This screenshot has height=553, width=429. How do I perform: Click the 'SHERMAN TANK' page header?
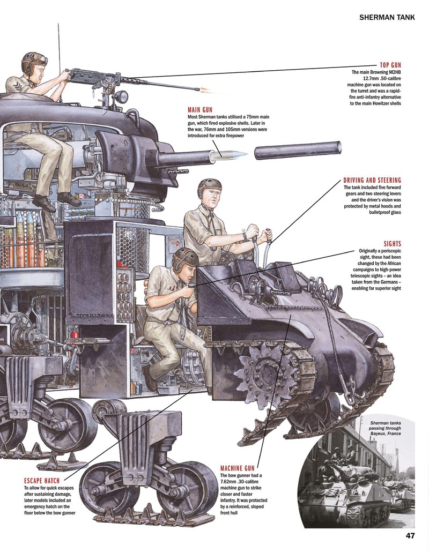(x=387, y=17)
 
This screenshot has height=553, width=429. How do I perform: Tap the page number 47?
(x=410, y=536)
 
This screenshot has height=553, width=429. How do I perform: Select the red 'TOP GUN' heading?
(x=390, y=65)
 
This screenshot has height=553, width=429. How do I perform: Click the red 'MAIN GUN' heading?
(x=200, y=110)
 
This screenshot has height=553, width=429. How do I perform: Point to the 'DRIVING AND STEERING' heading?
(x=372, y=180)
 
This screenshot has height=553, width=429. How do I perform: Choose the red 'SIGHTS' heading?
(x=393, y=244)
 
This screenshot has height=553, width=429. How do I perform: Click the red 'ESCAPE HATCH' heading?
(x=42, y=481)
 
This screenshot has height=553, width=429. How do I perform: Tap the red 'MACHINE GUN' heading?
(x=237, y=468)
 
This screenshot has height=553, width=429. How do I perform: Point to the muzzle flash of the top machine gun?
(x=208, y=91)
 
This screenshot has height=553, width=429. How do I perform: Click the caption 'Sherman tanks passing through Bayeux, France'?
(x=386, y=428)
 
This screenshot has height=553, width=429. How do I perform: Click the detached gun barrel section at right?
(x=298, y=150)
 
